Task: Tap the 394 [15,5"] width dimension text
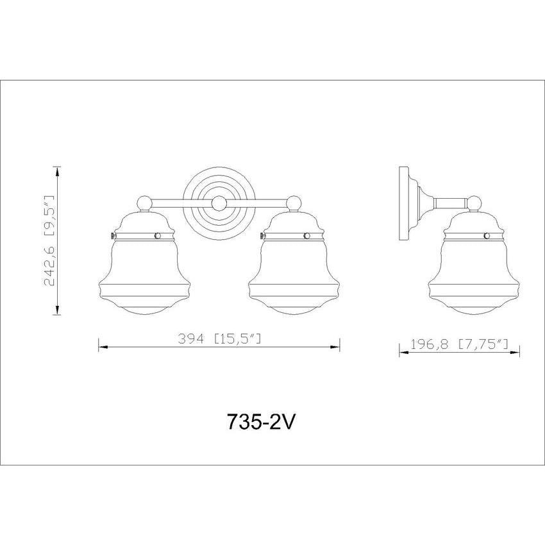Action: [219, 339]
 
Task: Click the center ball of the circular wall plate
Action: [219, 203]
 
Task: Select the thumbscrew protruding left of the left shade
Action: [112, 236]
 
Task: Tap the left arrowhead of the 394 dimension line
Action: [101, 348]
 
